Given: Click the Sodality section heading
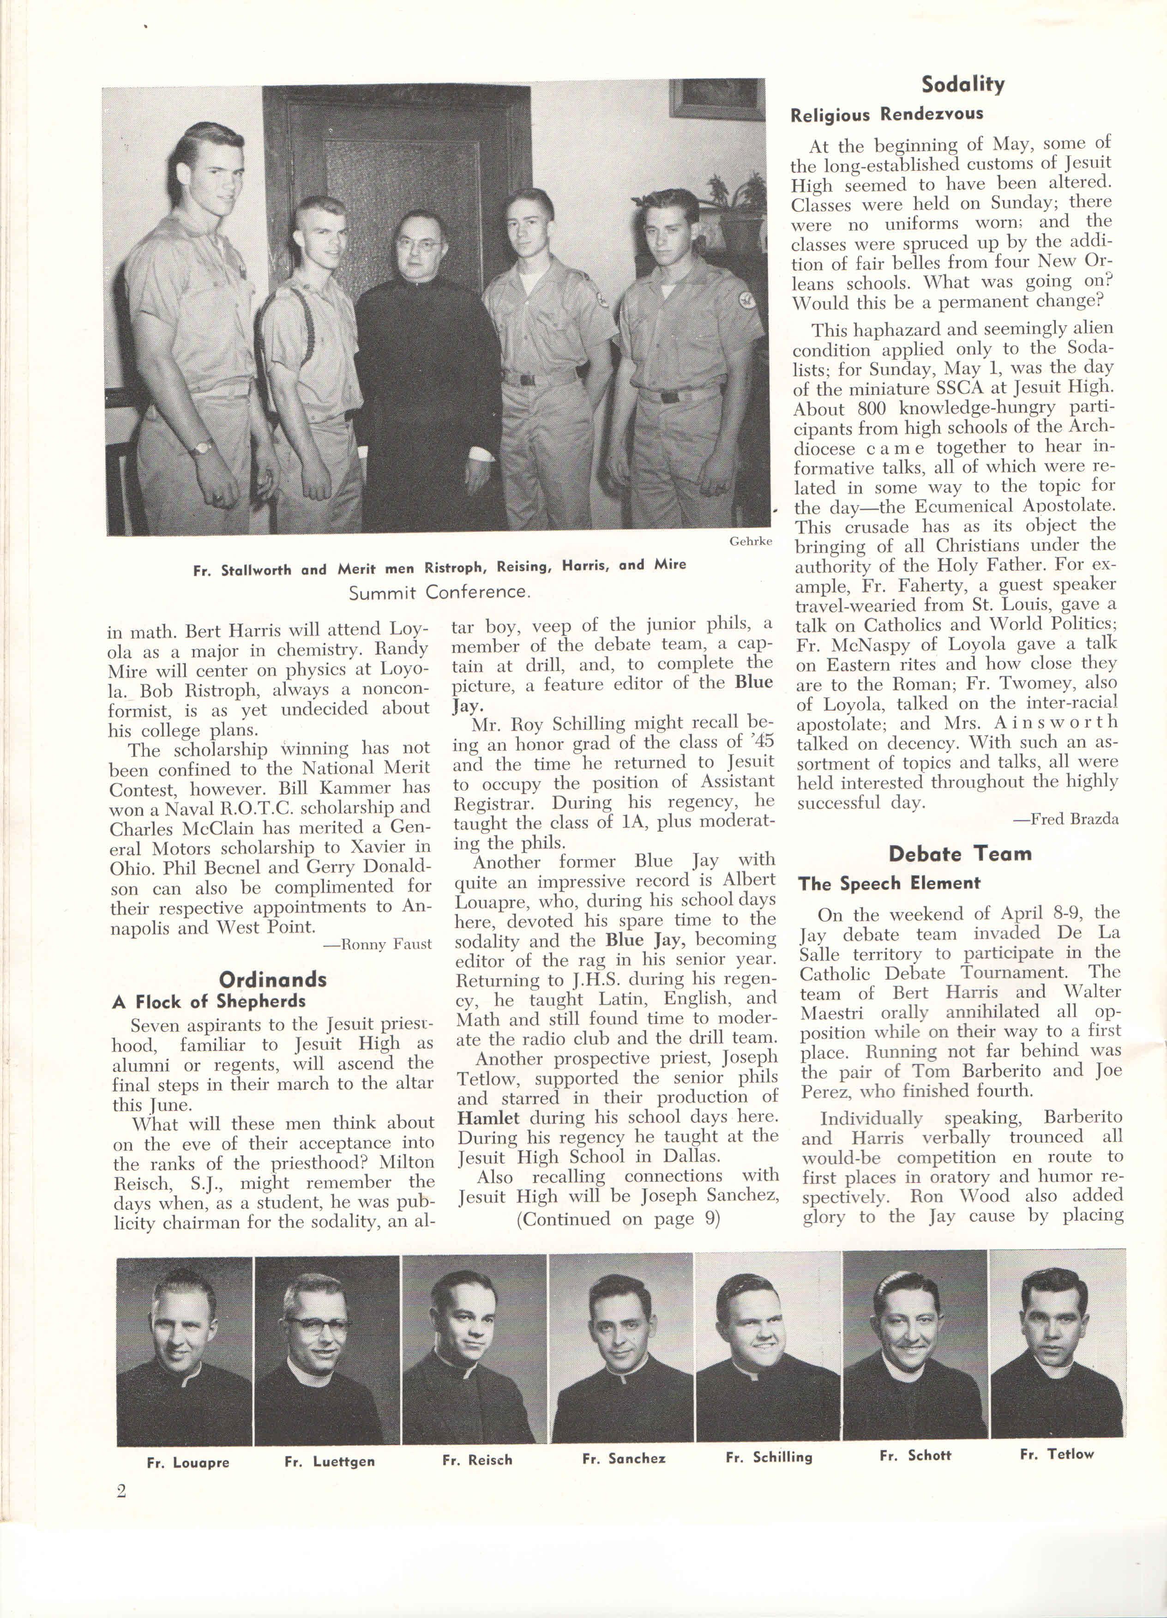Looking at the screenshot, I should click(x=962, y=85).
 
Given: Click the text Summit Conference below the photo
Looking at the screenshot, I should click(x=439, y=592).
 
